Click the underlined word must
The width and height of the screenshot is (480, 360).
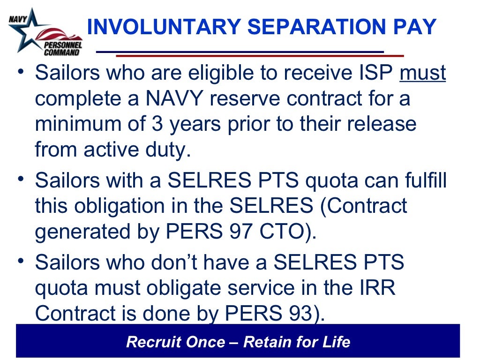[422, 74]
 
